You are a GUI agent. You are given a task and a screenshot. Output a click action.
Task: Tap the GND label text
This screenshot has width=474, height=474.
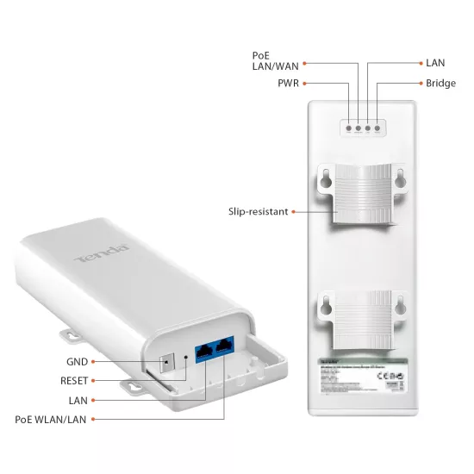pyautogui.click(x=77, y=361)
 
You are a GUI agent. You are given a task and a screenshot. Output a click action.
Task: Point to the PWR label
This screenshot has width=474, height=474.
pyautogui.click(x=288, y=84)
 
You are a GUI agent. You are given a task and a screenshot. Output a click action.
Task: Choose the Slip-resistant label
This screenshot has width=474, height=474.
pyautogui.click(x=257, y=210)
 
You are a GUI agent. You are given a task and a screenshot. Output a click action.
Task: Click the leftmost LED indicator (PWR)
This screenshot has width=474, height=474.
pyautogui.click(x=348, y=130)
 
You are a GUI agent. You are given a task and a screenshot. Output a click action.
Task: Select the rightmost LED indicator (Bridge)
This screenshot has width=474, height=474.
pyautogui.click(x=378, y=130)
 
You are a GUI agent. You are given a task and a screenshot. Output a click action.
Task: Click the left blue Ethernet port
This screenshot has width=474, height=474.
pyautogui.click(x=207, y=350)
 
